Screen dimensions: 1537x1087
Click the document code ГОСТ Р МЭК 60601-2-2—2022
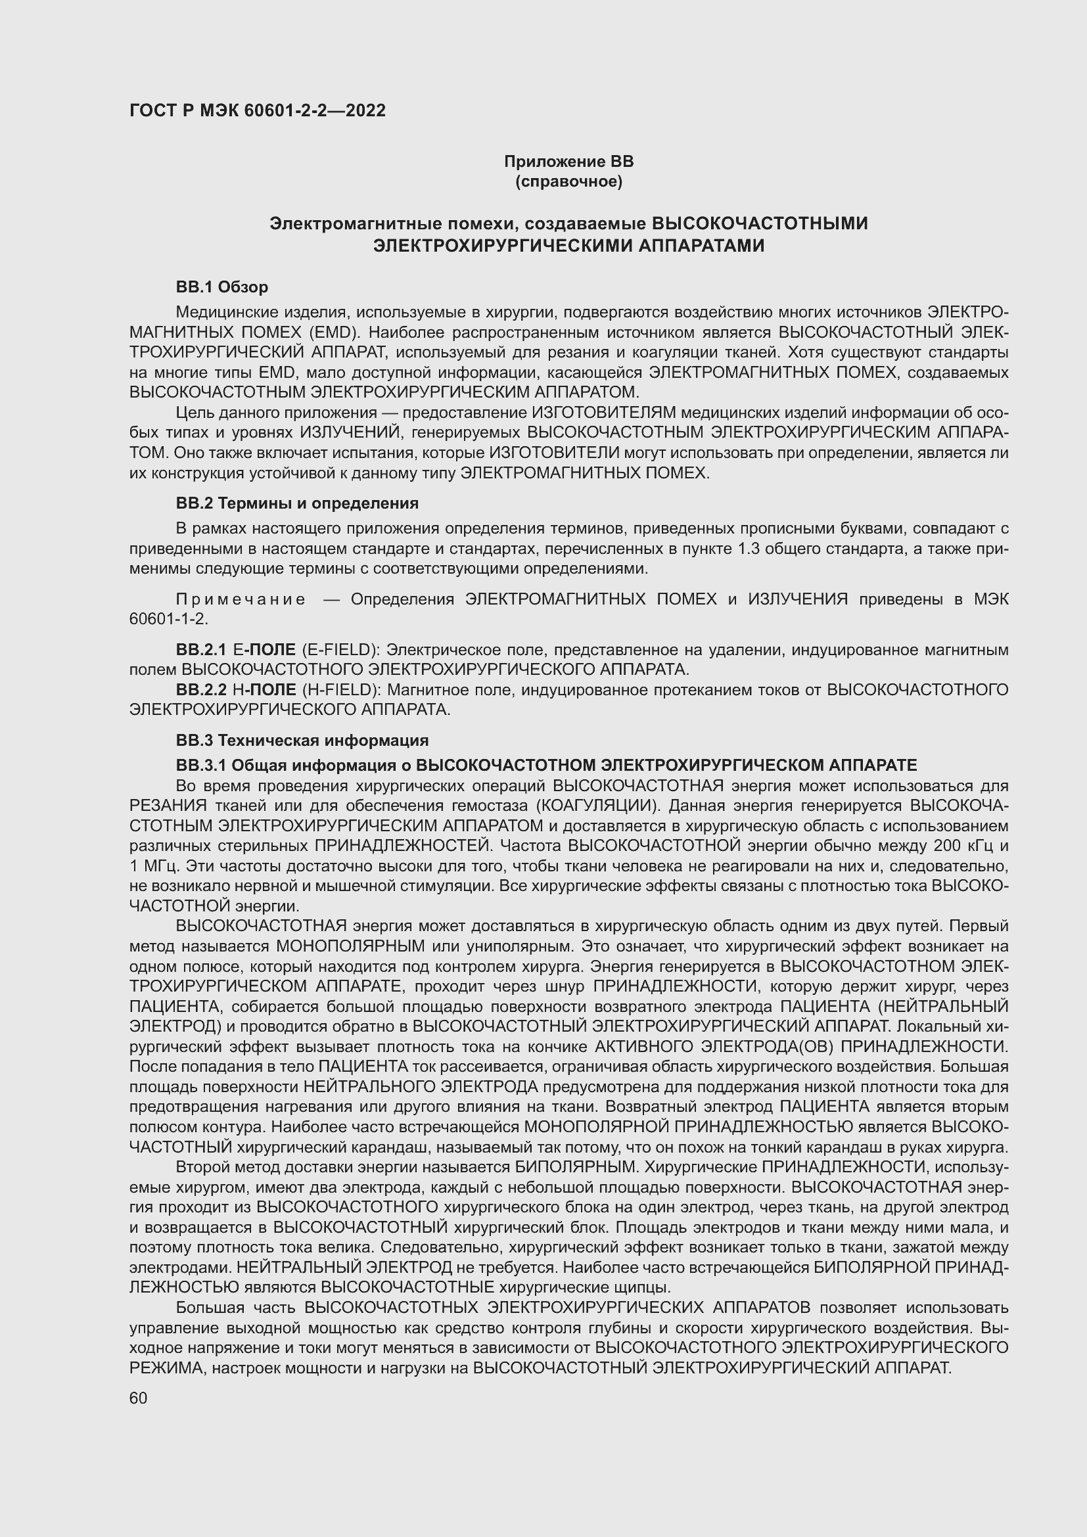point(257,110)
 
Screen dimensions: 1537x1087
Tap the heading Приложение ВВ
point(568,162)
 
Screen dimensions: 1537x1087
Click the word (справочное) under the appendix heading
point(568,181)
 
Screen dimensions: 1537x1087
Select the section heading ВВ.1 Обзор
point(221,287)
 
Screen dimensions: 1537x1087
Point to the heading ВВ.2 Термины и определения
point(297,503)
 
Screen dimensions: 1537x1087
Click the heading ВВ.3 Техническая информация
point(302,741)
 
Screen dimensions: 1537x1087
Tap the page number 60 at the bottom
point(138,1398)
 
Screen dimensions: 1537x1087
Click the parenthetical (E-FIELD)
point(340,649)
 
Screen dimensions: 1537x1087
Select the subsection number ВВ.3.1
point(202,765)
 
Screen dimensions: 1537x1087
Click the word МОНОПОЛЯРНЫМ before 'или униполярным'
point(350,946)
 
